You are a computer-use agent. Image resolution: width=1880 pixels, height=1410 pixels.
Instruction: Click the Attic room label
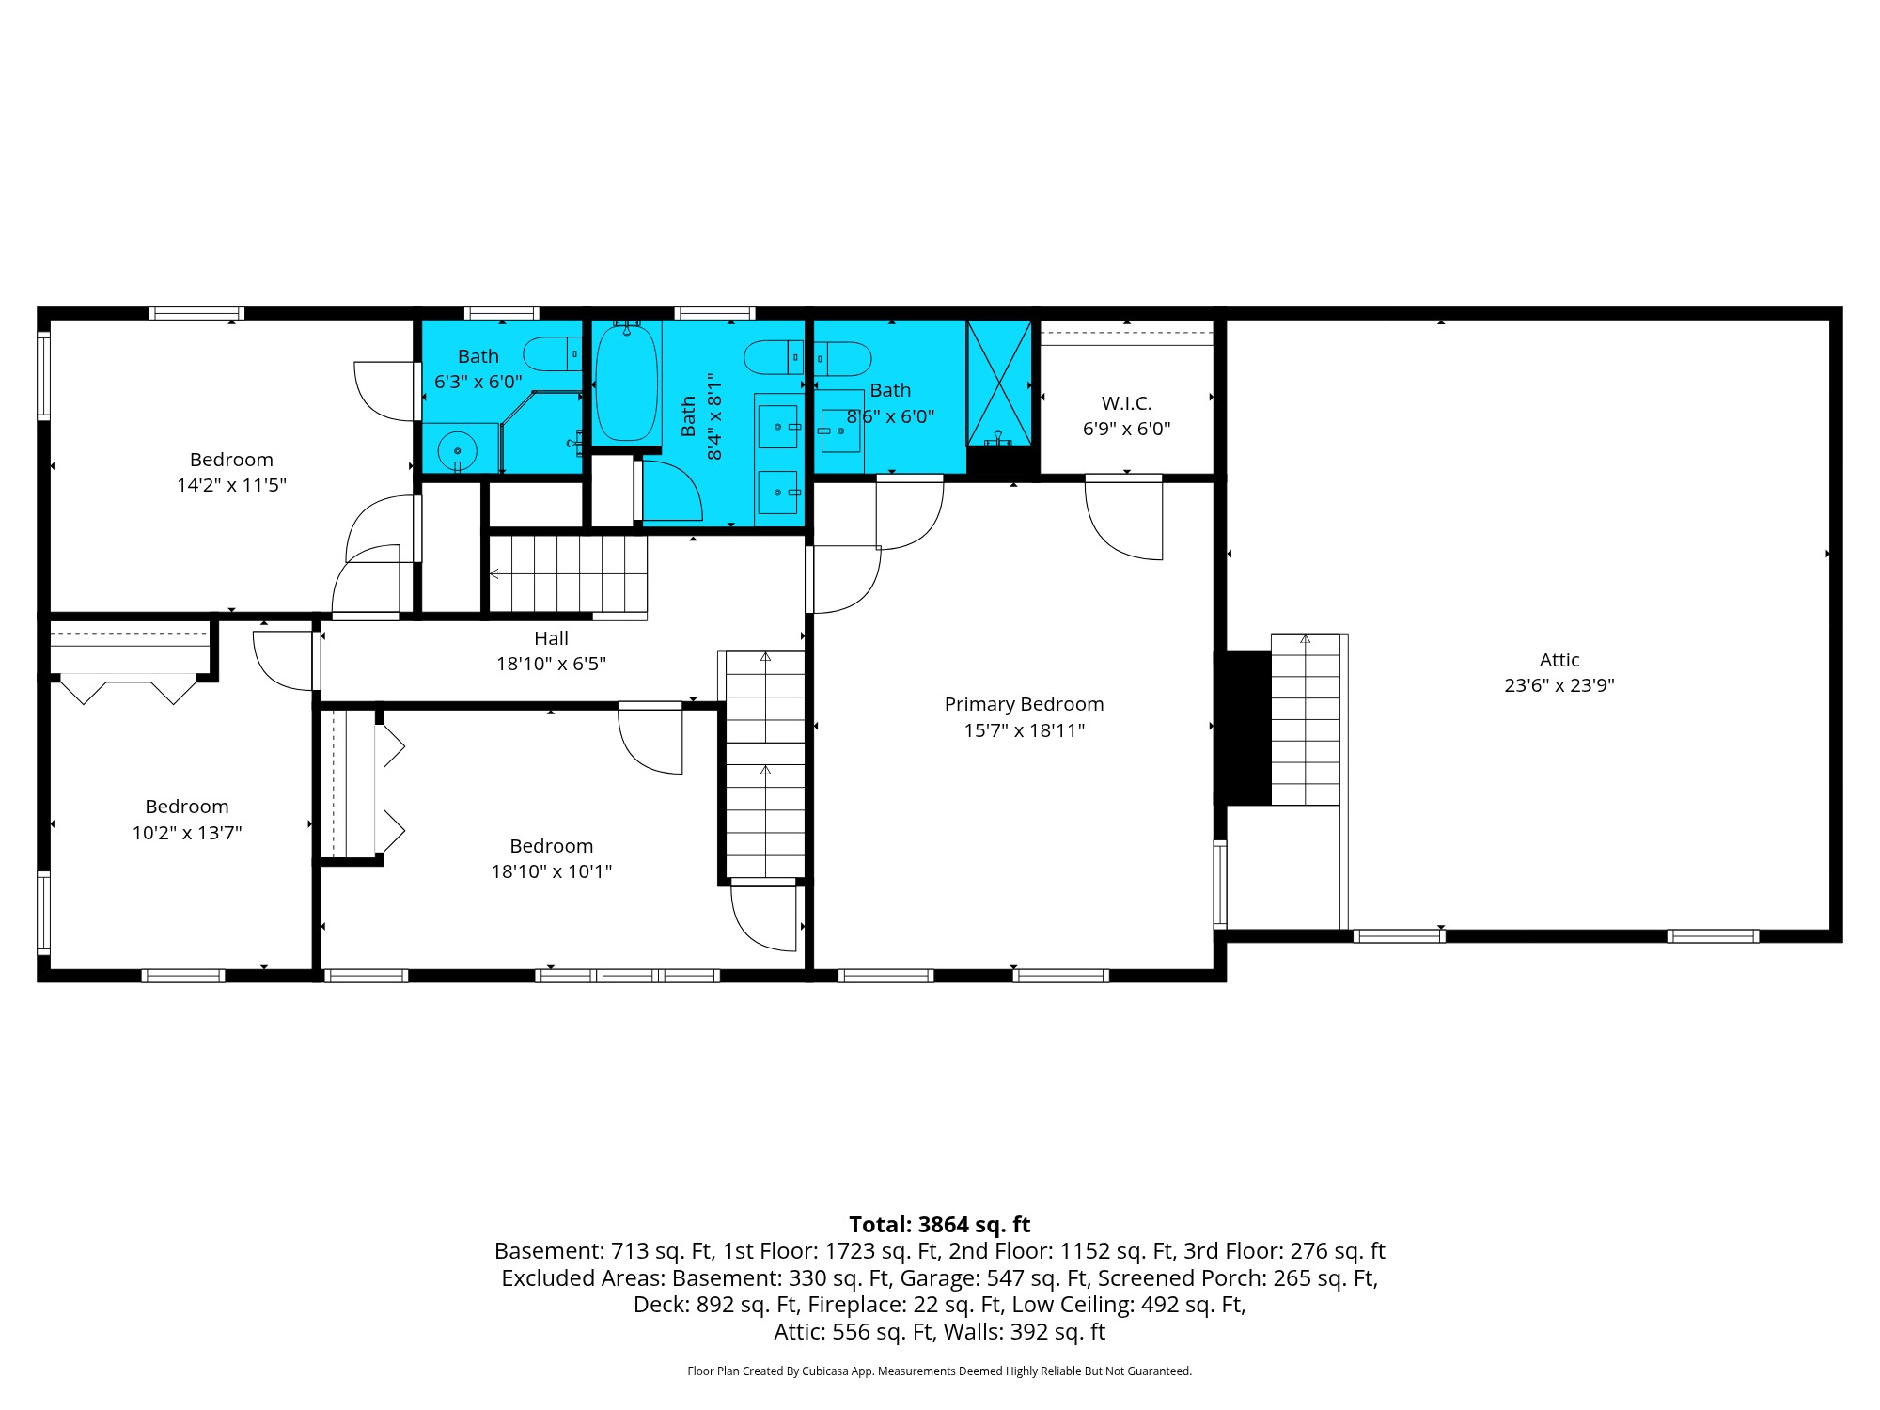tap(1559, 660)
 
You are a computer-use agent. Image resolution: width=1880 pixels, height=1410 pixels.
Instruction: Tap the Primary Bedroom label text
tap(1024, 704)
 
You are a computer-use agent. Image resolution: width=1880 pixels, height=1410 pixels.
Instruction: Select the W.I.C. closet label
tap(1126, 403)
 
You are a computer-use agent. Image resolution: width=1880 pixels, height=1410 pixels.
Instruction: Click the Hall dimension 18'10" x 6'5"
tap(551, 664)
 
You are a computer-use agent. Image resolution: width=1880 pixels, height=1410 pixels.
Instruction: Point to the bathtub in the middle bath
tap(626, 384)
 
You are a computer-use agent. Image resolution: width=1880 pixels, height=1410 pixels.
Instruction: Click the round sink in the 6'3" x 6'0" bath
tap(458, 451)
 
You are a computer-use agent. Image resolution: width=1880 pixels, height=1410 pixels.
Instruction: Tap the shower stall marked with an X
tap(999, 383)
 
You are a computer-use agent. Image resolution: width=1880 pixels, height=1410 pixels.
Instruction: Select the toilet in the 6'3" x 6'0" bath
tap(553, 354)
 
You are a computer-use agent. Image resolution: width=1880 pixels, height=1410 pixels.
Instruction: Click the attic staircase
tap(1305, 719)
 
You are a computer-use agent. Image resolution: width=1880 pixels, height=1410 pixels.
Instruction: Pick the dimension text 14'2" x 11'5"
tap(231, 485)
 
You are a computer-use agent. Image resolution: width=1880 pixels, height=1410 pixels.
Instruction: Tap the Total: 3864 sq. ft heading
tap(939, 1224)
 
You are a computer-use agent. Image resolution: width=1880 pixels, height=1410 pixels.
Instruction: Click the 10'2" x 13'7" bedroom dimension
tap(187, 833)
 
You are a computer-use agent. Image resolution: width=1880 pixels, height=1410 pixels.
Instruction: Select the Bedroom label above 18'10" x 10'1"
tap(551, 846)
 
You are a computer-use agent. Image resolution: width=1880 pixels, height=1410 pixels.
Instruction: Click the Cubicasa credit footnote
tap(939, 1371)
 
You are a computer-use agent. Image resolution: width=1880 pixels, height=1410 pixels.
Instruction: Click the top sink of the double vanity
tap(778, 427)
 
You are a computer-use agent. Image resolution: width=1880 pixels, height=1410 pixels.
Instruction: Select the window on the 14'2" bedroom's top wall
tap(196, 313)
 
